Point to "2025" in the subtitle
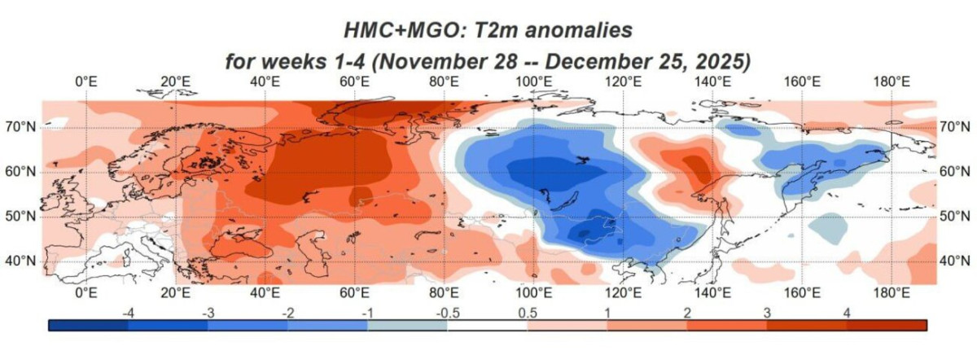[x=715, y=62]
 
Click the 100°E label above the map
[x=532, y=82]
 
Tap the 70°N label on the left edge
[x=22, y=127]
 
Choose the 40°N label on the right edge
[x=954, y=261]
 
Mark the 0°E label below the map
[x=86, y=292]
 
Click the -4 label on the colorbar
[x=127, y=312]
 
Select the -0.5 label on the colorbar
[x=446, y=312]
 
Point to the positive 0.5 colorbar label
[x=528, y=312]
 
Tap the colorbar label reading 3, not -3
[x=766, y=312]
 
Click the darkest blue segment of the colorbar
[x=88, y=325]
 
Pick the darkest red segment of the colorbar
[x=887, y=325]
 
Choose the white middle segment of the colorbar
[x=487, y=325]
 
